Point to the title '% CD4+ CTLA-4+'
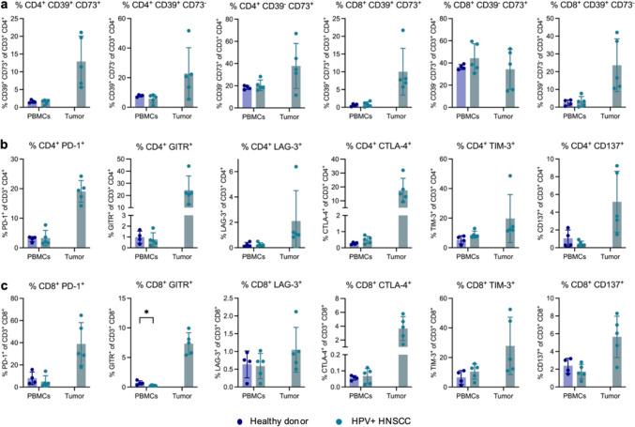point(370,148)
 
